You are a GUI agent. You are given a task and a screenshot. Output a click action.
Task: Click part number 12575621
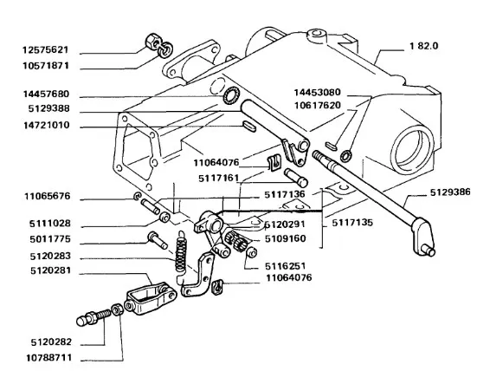tap(46, 50)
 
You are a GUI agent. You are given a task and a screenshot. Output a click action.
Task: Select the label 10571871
tap(46, 66)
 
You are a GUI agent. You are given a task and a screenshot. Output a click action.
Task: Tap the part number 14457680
tap(46, 94)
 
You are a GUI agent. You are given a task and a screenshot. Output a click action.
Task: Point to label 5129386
tap(450, 192)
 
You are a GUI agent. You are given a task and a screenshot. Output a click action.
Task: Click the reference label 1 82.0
tap(424, 46)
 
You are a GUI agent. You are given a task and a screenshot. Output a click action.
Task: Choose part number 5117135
tap(352, 223)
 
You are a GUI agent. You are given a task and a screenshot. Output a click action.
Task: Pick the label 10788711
tap(49, 357)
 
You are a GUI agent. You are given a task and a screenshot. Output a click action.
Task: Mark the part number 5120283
tap(50, 256)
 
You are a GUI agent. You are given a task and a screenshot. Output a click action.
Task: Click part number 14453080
tap(318, 92)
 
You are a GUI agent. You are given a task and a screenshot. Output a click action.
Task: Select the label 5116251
tap(285, 266)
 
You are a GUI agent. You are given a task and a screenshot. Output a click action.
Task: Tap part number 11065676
tap(48, 197)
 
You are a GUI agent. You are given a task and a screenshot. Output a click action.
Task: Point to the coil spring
tap(181, 251)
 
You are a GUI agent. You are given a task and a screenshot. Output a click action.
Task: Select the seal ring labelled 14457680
tap(231, 95)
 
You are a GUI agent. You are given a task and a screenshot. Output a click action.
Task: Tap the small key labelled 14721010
tap(249, 127)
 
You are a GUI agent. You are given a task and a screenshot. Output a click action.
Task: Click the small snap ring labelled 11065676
tap(138, 197)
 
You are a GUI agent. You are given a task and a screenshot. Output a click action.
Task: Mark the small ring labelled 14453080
tap(346, 156)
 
